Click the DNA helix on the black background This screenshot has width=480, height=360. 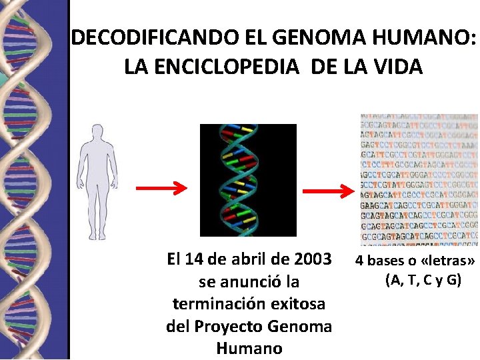pos(248,180)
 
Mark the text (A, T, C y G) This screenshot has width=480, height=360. pos(423,279)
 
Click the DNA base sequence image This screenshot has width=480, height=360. pos(419,179)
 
